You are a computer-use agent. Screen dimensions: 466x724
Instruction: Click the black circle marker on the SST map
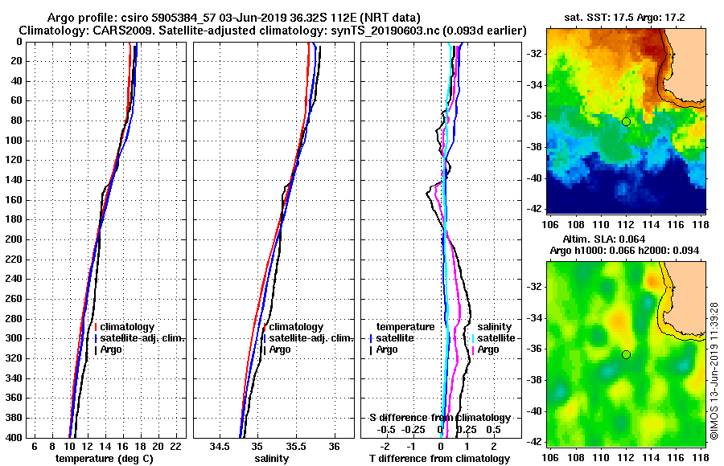pyautogui.click(x=626, y=121)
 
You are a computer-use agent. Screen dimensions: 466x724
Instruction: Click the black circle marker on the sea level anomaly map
pyautogui.click(x=626, y=354)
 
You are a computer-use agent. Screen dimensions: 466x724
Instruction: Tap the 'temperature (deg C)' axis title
pyautogui.click(x=104, y=459)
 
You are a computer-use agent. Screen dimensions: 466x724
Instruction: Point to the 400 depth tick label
pyautogui.click(x=15, y=437)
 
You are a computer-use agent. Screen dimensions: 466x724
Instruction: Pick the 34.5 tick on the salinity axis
pyautogui.click(x=219, y=446)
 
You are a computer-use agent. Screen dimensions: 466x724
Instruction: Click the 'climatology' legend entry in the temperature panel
pyautogui.click(x=126, y=327)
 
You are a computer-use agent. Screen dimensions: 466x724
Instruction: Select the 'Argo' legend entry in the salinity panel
pyautogui.click(x=280, y=349)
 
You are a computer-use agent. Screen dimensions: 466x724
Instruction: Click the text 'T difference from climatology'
pyautogui.click(x=439, y=459)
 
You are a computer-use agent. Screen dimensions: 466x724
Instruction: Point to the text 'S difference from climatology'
pyautogui.click(x=439, y=418)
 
